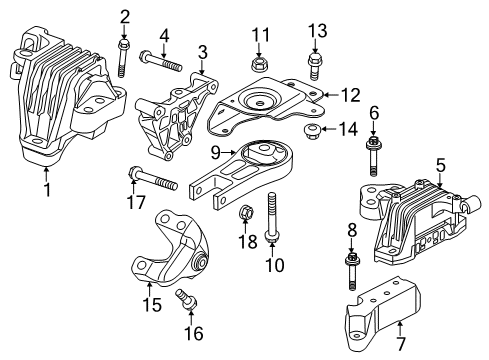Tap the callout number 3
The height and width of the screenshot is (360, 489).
tap(203, 51)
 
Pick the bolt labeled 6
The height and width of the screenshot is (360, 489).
tap(374, 155)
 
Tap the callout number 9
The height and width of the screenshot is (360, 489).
tap(215, 153)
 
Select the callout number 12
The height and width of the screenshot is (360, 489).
tap(348, 95)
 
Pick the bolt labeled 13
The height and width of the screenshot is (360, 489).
tap(314, 66)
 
